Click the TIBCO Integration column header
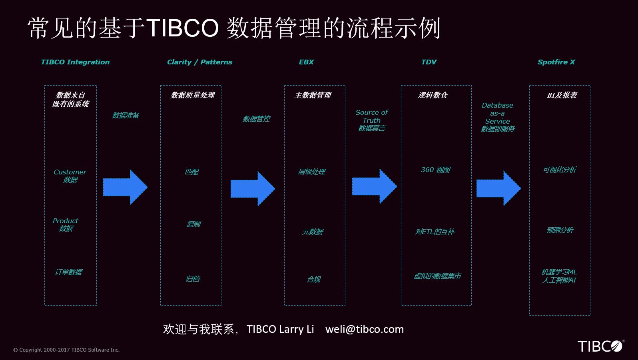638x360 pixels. pyautogui.click(x=75, y=62)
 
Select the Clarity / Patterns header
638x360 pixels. pyautogui.click(x=199, y=62)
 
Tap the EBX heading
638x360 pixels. pyautogui.click(x=306, y=62)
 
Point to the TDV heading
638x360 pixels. pyautogui.click(x=429, y=62)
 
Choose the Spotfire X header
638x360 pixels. pyautogui.click(x=556, y=62)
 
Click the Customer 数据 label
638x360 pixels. pyautogui.click(x=70, y=176)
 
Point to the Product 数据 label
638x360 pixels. pyautogui.click(x=66, y=225)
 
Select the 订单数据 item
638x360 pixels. pyautogui.click(x=68, y=272)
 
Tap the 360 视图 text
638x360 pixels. pyautogui.click(x=435, y=170)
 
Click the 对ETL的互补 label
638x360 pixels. pyautogui.click(x=435, y=232)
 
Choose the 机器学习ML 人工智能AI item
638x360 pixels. pyautogui.click(x=559, y=276)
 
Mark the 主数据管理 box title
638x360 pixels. pyautogui.click(x=313, y=95)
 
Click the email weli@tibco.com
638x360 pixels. pyautogui.click(x=365, y=329)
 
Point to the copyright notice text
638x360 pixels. pyautogui.click(x=66, y=350)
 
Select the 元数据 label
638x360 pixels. pyautogui.click(x=313, y=232)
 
